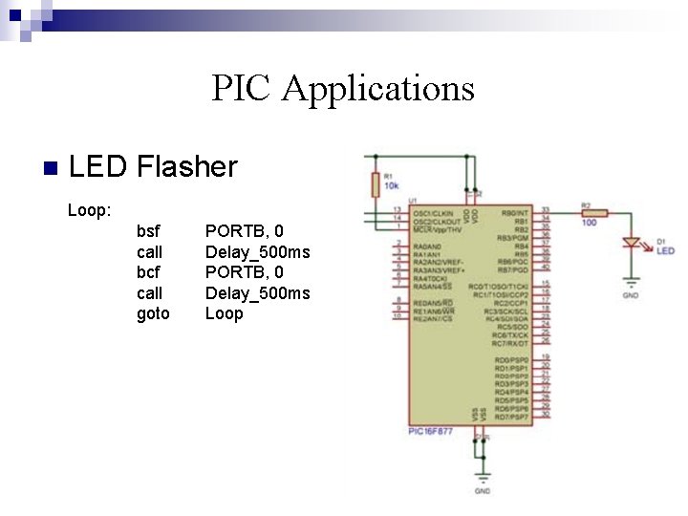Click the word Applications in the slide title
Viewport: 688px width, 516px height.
pyautogui.click(x=379, y=89)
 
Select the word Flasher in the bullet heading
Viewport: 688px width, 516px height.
pyautogui.click(x=187, y=167)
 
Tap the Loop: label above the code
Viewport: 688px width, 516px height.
pyautogui.click(x=90, y=209)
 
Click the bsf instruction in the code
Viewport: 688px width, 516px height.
pyautogui.click(x=149, y=231)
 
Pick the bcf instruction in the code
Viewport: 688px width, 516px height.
pyautogui.click(x=149, y=272)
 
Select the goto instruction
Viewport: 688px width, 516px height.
pyautogui.click(x=153, y=313)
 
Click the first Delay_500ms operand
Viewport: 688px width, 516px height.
pyautogui.click(x=257, y=252)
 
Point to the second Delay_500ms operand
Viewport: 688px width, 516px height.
pyautogui.click(x=257, y=293)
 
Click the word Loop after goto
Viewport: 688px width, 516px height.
pyautogui.click(x=225, y=313)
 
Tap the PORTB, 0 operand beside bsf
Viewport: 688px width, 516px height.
pyautogui.click(x=245, y=231)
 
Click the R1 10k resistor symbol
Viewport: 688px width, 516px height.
pyautogui.click(x=375, y=184)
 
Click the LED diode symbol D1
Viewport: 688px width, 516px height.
pyautogui.click(x=632, y=244)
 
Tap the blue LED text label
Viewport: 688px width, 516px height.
pyautogui.click(x=665, y=251)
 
